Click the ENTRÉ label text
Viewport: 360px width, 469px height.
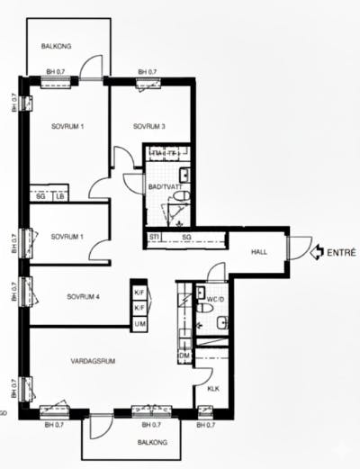[341, 253]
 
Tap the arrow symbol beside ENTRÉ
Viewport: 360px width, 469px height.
[316, 253]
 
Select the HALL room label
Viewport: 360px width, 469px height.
[260, 253]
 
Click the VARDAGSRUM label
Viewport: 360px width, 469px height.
[93, 361]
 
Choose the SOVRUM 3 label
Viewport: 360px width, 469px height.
[149, 126]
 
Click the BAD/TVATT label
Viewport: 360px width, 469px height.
[163, 186]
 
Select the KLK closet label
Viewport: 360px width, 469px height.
[213, 389]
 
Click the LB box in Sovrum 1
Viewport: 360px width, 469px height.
[59, 195]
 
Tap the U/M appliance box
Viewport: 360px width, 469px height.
[139, 323]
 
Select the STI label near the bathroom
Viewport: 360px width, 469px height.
[155, 238]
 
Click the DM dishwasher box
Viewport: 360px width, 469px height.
[184, 357]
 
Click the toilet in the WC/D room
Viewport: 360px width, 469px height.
[203, 311]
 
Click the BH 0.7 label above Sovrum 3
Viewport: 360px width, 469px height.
[148, 72]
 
